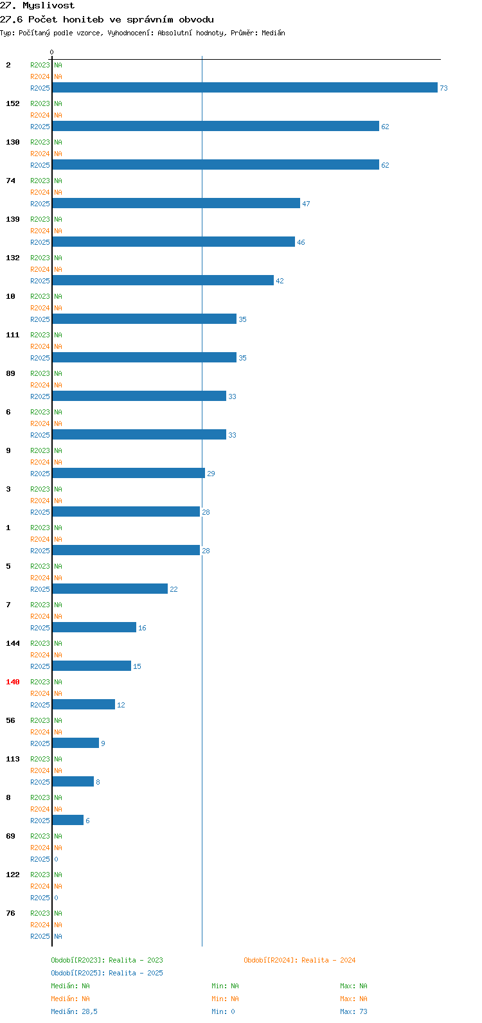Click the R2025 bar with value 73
pyautogui.click(x=245, y=87)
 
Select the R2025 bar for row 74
pyautogui.click(x=176, y=203)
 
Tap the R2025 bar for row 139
pyautogui.click(x=174, y=242)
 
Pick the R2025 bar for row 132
pyautogui.click(x=163, y=280)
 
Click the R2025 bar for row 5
pyautogui.click(x=110, y=589)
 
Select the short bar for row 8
pyautogui.click(x=68, y=820)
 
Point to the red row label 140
pyautogui.click(x=13, y=682)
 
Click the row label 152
pyautogui.click(x=13, y=103)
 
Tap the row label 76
pyautogui.click(x=10, y=913)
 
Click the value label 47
pyautogui.click(x=306, y=204)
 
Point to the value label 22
pyautogui.click(x=174, y=589)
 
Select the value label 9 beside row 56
pyautogui.click(x=103, y=743)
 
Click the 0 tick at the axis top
pyautogui.click(x=51, y=52)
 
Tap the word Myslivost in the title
pyautogui.click(x=48, y=6)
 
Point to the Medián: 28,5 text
pyautogui.click(x=74, y=1011)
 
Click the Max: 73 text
pyautogui.click(x=353, y=1011)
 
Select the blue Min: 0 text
pyautogui.click(x=224, y=1011)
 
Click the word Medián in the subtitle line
pyautogui.click(x=273, y=33)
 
